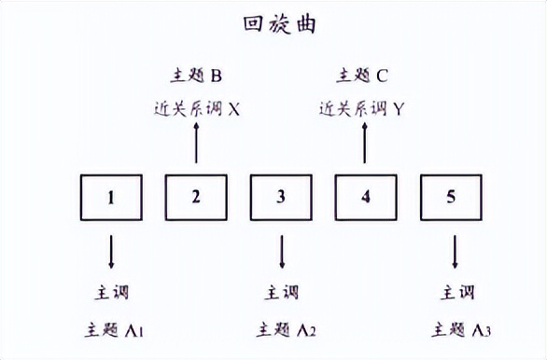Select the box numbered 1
click(x=111, y=198)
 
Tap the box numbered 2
click(x=196, y=198)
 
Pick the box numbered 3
click(x=281, y=198)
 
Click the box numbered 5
click(x=452, y=198)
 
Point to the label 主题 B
click(x=196, y=75)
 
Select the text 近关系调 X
click(x=197, y=109)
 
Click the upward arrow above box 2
click(x=196, y=145)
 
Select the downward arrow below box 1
click(x=112, y=251)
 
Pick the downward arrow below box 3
click(x=282, y=251)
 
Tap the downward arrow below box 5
click(x=454, y=251)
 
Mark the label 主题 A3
click(x=458, y=329)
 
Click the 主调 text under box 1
click(x=111, y=292)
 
